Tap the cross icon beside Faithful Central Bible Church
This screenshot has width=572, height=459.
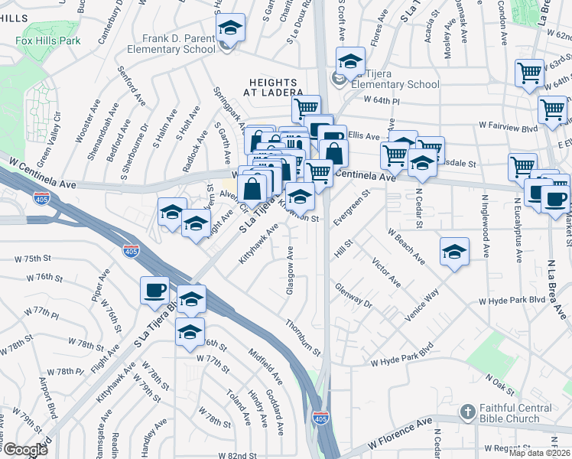467,413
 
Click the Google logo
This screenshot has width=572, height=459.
25,450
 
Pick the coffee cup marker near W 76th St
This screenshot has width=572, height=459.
155,290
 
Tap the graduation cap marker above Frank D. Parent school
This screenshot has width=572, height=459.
230,28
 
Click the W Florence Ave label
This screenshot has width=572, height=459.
398,434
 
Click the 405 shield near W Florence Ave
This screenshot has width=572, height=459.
320,418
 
